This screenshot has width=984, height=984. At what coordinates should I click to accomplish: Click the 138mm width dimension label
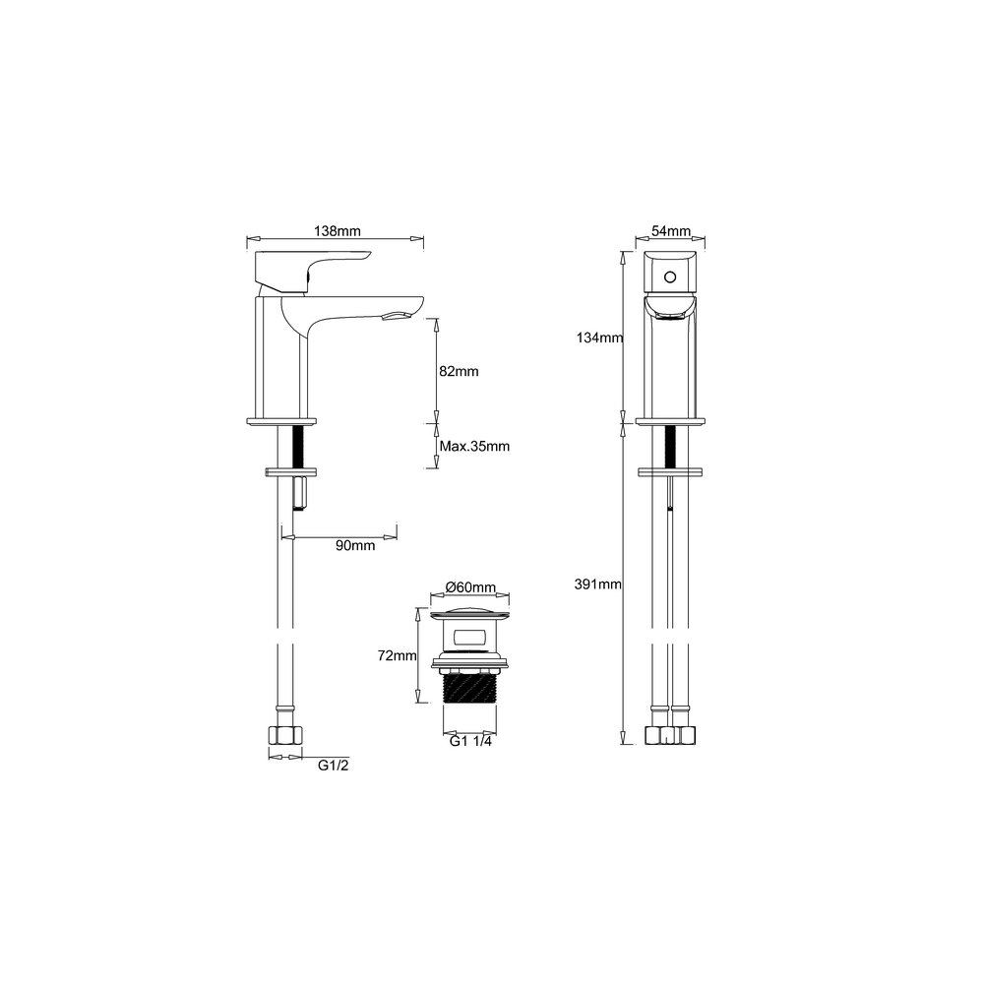click(x=337, y=231)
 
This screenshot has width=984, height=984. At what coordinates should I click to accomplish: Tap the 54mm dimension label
click(x=670, y=231)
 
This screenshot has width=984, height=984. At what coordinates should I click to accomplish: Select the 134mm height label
click(x=599, y=338)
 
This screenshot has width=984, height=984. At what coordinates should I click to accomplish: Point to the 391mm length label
click(x=597, y=584)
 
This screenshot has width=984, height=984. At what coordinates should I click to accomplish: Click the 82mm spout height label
click(x=459, y=372)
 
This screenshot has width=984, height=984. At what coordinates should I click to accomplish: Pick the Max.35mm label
click(x=474, y=446)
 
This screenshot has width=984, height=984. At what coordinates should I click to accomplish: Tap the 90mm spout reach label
click(x=355, y=545)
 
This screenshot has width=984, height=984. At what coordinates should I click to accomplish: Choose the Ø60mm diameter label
click(x=470, y=587)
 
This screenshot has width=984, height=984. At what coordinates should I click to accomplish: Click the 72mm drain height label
click(x=398, y=655)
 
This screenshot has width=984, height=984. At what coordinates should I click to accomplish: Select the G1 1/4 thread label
click(x=470, y=741)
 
